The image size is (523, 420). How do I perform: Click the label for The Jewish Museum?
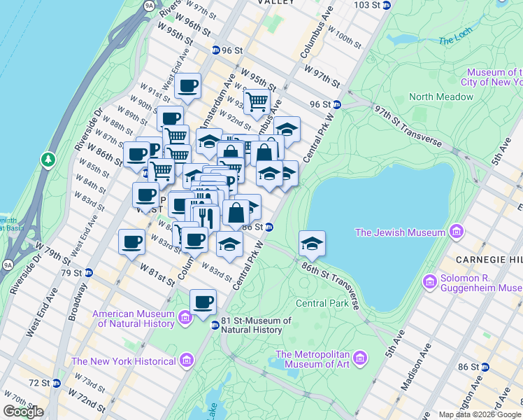(x=400, y=232)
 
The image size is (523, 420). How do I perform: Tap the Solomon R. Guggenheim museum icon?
(x=430, y=281)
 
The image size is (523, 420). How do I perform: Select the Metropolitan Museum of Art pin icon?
(x=359, y=358)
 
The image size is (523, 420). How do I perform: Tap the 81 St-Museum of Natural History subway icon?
(x=215, y=325)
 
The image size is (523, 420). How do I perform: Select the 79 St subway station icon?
(x=89, y=272)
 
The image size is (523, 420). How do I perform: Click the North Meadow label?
(x=441, y=97)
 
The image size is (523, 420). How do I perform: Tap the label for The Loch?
(x=455, y=41)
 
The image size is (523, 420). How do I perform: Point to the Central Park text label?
(x=322, y=303)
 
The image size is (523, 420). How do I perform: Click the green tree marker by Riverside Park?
(x=48, y=160)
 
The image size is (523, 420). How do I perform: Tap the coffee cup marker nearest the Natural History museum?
(x=203, y=302)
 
